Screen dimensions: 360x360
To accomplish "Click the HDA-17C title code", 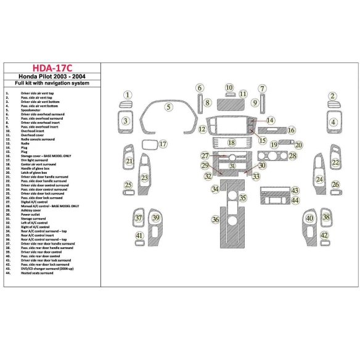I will click(52, 68).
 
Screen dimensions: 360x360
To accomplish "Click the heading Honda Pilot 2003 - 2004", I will click(52, 77).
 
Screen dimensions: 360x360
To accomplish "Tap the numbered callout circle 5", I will click(167, 107).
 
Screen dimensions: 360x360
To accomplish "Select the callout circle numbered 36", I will click(215, 219).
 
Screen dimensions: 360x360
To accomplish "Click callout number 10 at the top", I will click(229, 88).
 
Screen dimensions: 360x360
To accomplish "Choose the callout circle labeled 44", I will click(295, 200).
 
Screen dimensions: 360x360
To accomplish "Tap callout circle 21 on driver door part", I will click(129, 162).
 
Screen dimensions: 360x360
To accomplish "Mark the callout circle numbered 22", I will click(335, 163).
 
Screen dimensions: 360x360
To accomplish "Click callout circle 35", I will click(243, 198).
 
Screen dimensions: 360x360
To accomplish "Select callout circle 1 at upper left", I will click(128, 95).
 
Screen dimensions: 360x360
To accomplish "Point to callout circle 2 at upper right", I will click(332, 96).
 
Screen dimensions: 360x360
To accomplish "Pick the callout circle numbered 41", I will click(139, 236).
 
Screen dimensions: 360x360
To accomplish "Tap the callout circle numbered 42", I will click(324, 236).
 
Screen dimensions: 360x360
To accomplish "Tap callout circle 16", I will click(291, 131).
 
